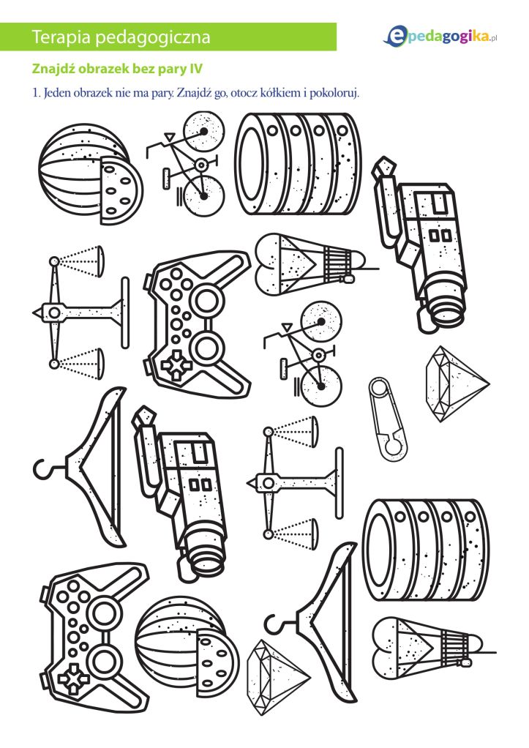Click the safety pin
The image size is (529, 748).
(x=388, y=419)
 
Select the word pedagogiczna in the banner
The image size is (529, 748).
(x=153, y=37)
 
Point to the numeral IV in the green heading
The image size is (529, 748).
(x=196, y=69)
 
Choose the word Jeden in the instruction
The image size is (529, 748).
(x=57, y=92)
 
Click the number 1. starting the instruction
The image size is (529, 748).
(x=37, y=92)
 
